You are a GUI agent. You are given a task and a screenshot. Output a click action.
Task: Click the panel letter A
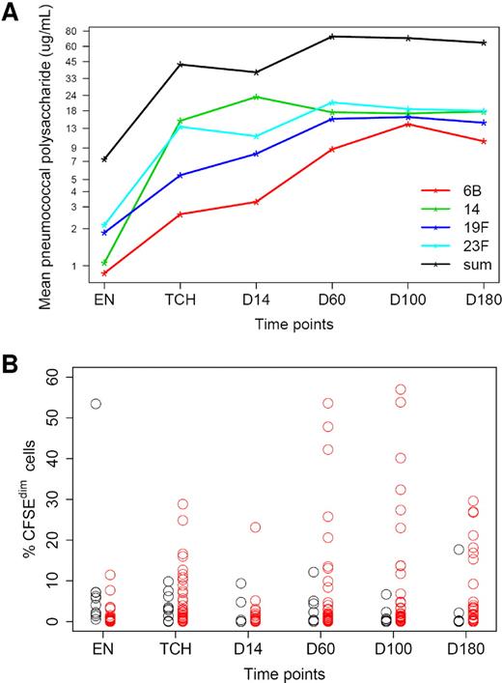click(14, 14)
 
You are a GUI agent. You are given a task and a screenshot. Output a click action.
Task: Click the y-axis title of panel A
click(45, 155)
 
